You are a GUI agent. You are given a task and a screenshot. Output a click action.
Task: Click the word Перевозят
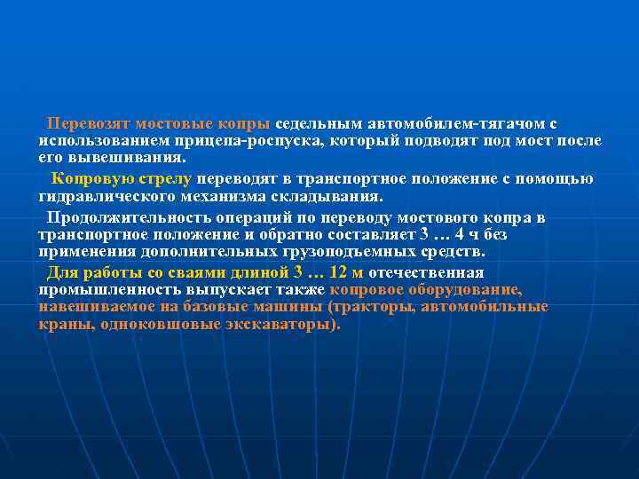pyautogui.click(x=85, y=122)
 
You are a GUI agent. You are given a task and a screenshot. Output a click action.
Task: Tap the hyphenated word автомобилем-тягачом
pyautogui.click(x=459, y=122)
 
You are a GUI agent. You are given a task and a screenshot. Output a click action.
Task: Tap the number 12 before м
pyautogui.click(x=338, y=272)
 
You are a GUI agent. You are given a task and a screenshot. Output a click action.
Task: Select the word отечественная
pyautogui.click(x=426, y=272)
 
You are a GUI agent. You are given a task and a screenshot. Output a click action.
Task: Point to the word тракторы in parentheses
pyautogui.click(x=373, y=307)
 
